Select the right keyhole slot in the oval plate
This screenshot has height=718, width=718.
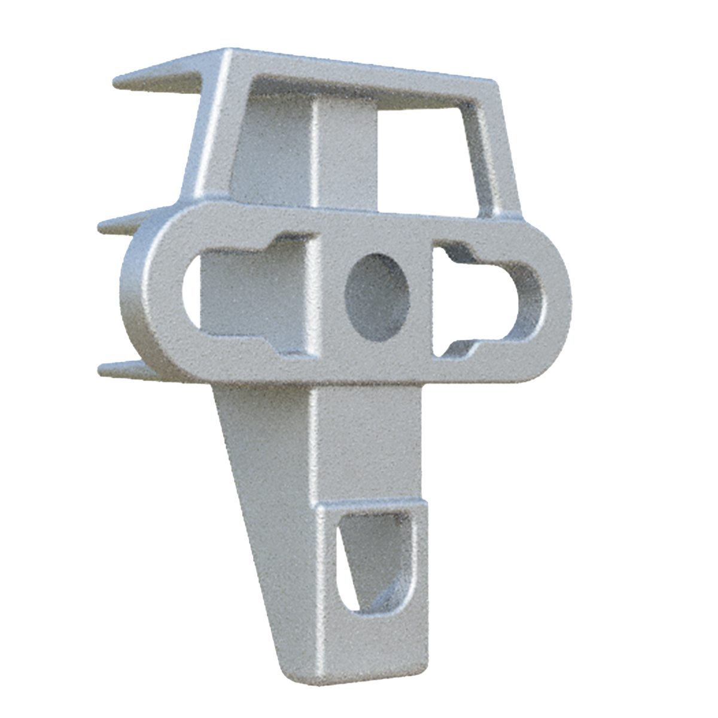click(x=479, y=299)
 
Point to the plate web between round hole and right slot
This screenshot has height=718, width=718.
click(x=422, y=299)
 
